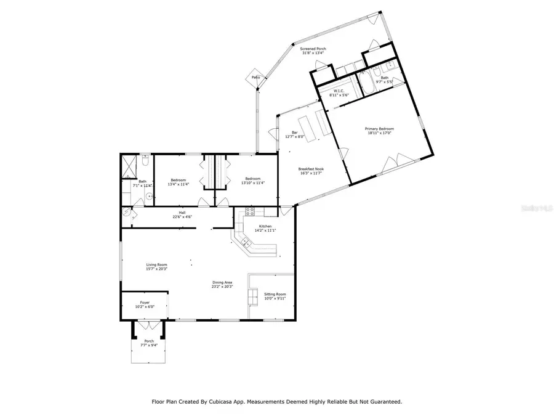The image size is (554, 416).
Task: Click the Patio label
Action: coord(255,77)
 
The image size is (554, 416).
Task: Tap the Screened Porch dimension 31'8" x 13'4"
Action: coord(313,54)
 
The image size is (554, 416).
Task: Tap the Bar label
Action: coord(295,133)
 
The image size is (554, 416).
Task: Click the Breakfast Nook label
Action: coord(311,169)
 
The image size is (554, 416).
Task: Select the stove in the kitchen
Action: coord(251,211)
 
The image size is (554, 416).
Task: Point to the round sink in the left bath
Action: coord(148,197)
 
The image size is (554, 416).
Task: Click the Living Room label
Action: coord(140,264)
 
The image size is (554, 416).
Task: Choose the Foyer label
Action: coord(145,303)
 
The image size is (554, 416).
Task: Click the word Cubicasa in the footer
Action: coord(223,402)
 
